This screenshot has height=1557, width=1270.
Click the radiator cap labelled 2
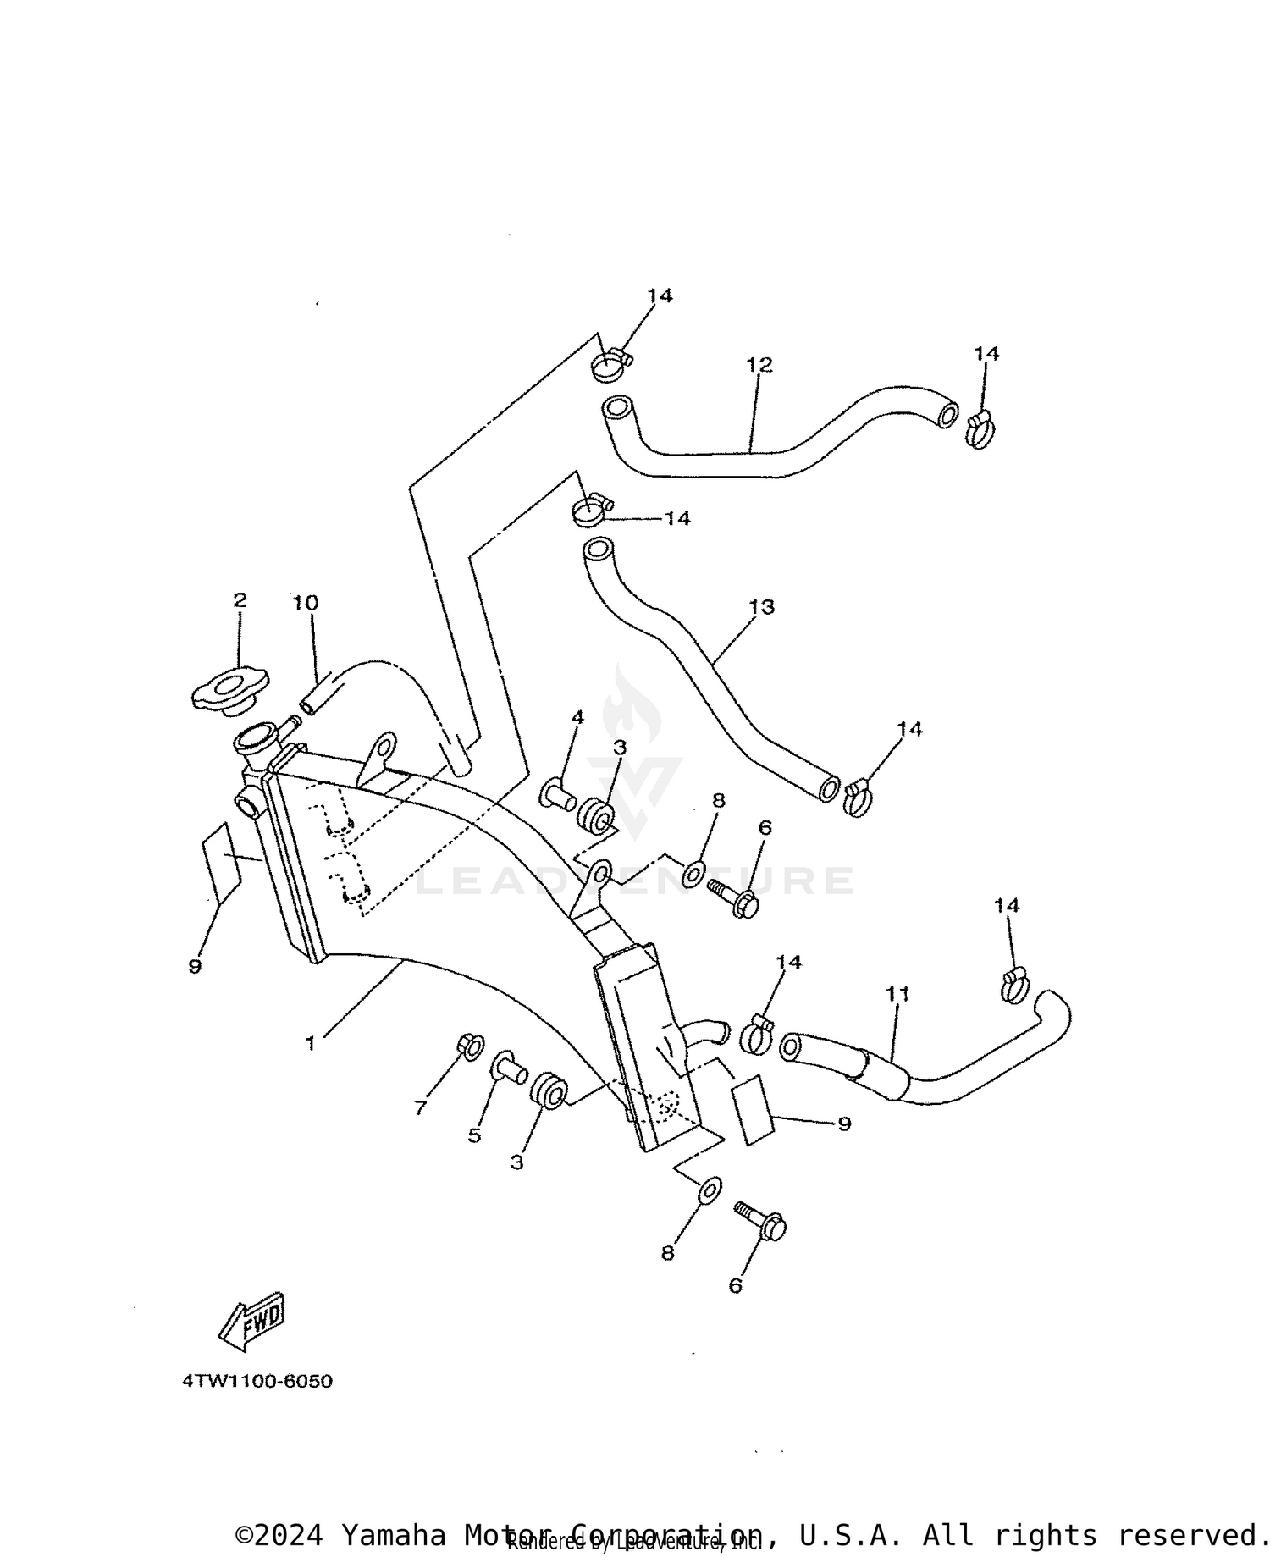(229, 693)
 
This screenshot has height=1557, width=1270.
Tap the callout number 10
(305, 603)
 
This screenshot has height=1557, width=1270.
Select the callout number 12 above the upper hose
(759, 365)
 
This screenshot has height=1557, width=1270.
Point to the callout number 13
(761, 607)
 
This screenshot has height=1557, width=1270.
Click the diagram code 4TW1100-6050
(257, 1382)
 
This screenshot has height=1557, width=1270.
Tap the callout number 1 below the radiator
(311, 1044)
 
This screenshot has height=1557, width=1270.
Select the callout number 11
(897, 993)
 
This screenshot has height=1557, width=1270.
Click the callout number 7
(420, 1107)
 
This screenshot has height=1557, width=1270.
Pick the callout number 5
(474, 1135)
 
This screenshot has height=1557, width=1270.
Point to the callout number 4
(577, 718)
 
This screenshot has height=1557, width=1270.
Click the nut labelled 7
(470, 1046)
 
